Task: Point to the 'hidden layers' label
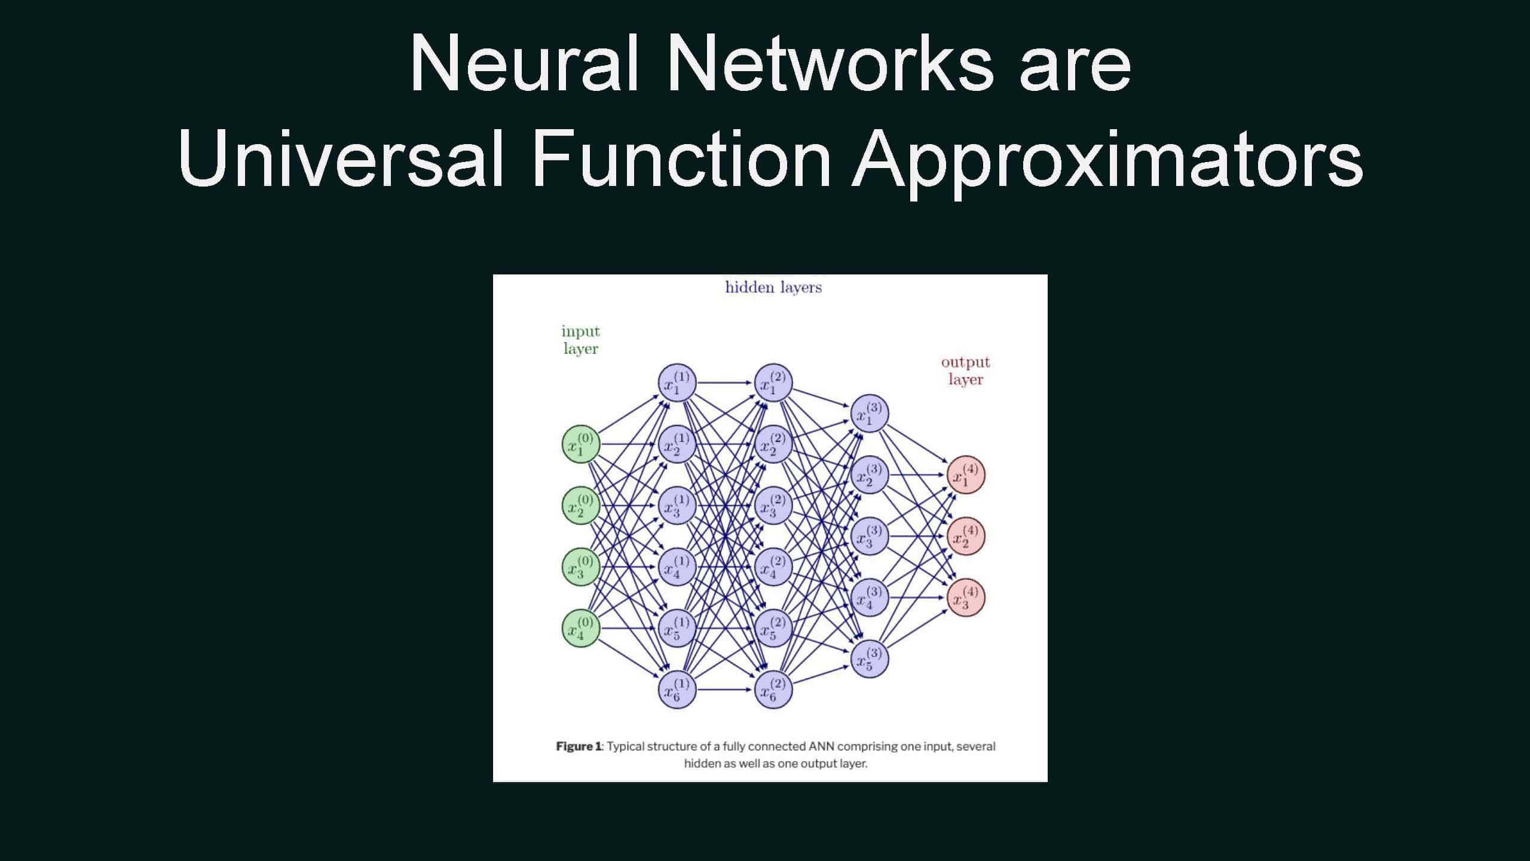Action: click(773, 288)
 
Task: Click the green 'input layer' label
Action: click(580, 340)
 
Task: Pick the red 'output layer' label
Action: click(965, 371)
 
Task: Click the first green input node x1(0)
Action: click(580, 444)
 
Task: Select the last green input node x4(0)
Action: click(580, 628)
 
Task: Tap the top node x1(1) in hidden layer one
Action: click(677, 383)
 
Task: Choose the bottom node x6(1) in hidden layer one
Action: click(677, 689)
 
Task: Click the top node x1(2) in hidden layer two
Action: click(773, 383)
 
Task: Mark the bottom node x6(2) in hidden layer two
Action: click(773, 689)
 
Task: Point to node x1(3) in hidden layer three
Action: click(870, 414)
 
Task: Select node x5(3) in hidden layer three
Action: click(870, 658)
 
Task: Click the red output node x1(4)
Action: click(966, 475)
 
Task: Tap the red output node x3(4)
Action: click(966, 597)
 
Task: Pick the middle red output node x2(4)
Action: click(966, 536)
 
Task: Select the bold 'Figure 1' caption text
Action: click(579, 746)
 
